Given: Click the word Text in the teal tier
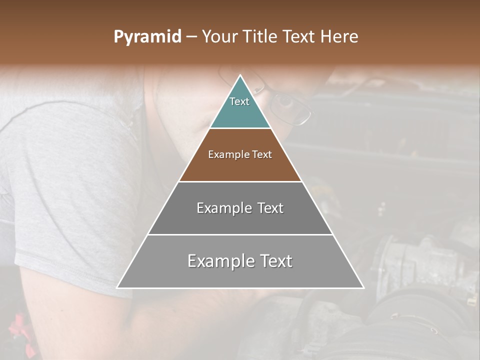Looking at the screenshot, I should coord(239,101).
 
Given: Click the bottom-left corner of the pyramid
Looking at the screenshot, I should coord(117,287).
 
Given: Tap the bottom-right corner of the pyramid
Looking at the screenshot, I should coord(363,287).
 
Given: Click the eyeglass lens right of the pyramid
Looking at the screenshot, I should coord(290,106).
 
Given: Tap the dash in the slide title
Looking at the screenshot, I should coord(191,37).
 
